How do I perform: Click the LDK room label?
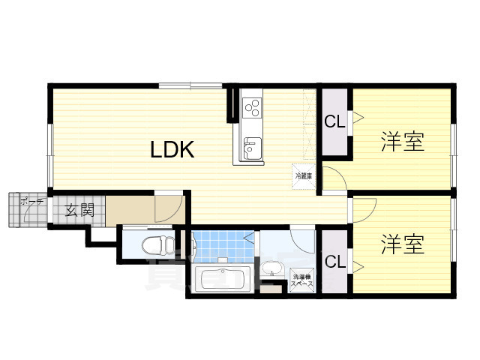click(x=172, y=149)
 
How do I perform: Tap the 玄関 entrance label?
click(x=78, y=210)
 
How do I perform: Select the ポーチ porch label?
click(x=31, y=202)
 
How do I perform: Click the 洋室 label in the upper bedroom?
click(x=402, y=141)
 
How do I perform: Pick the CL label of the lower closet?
click(x=334, y=262)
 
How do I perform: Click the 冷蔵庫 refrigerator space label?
click(x=303, y=175)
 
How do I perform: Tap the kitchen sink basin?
click(x=250, y=147)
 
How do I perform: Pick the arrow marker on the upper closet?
click(x=358, y=117)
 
